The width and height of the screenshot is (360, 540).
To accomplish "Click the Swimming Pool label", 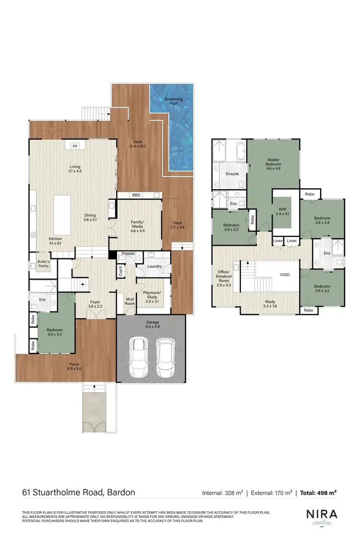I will [173, 101].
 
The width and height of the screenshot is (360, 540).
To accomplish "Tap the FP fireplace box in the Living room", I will [74, 146].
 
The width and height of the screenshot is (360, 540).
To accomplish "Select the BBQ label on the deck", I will [136, 195].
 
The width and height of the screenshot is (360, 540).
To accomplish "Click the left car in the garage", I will [138, 357].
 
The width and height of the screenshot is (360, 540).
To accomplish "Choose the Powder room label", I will [128, 253].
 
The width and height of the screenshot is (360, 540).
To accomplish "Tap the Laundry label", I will [154, 266].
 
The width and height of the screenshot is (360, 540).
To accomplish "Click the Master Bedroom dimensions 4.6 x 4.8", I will [273, 168].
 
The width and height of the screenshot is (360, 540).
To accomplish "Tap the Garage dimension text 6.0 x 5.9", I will [153, 327].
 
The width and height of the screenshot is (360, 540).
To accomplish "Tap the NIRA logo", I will [322, 514].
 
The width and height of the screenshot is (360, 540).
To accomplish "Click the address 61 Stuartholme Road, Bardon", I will [78, 492].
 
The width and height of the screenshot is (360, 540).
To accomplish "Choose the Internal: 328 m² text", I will [223, 492].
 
